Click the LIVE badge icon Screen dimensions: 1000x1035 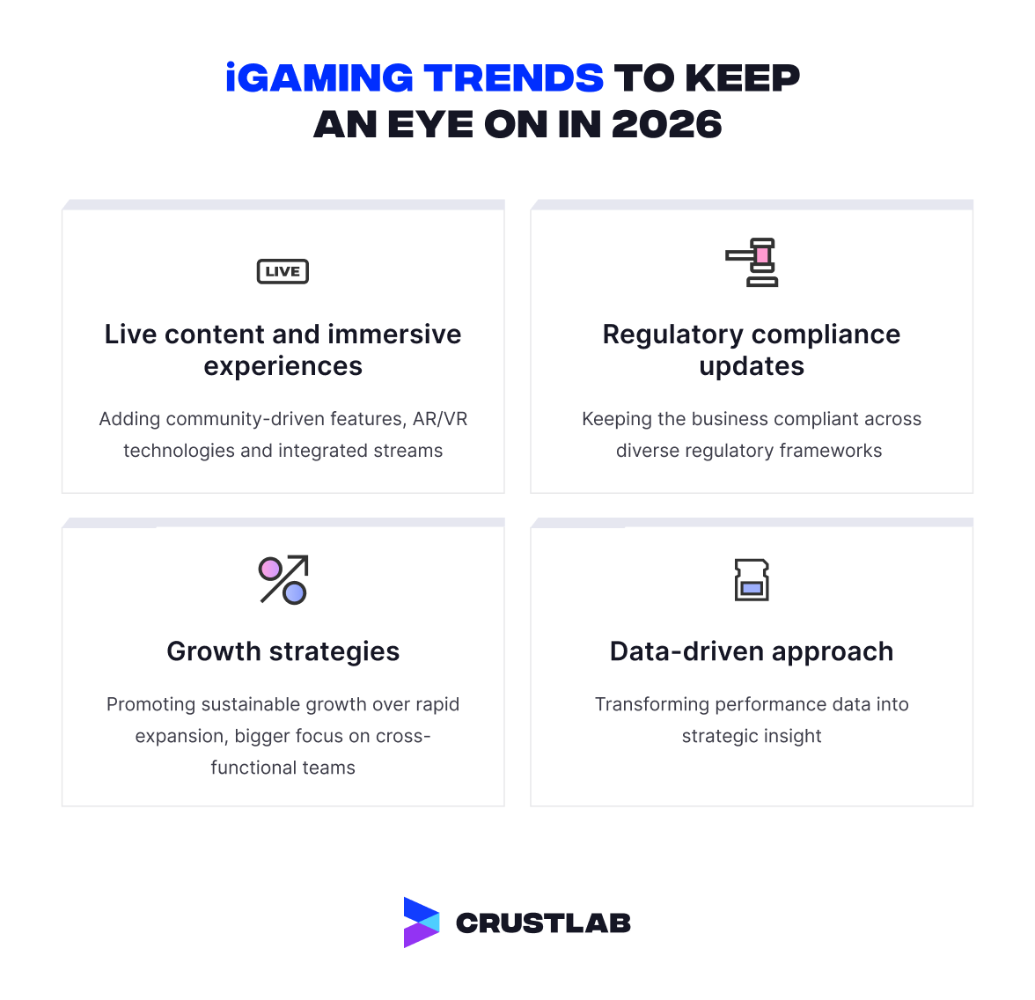click(283, 271)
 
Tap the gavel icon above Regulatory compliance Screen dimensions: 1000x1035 click(753, 262)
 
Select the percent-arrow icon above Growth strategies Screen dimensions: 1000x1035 click(283, 580)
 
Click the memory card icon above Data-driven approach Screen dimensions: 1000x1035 click(752, 580)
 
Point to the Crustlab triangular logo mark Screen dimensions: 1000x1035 click(421, 923)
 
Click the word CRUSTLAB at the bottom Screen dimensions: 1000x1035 click(543, 923)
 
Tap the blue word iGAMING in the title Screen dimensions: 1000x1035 click(319, 78)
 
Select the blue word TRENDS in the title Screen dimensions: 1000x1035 click(513, 78)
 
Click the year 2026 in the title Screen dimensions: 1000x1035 click(666, 125)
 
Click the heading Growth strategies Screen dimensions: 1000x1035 click(283, 651)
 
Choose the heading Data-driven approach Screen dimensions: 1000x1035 click(752, 651)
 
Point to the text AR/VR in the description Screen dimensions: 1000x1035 click(440, 419)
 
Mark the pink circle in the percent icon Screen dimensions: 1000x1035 click(270, 568)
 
